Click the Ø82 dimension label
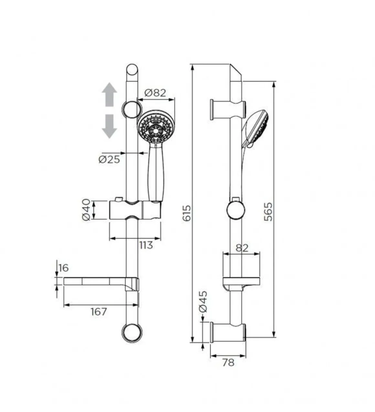tap(155, 93)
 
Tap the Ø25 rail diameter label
tap(109, 159)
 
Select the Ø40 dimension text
tap(86, 210)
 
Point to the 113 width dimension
tap(146, 245)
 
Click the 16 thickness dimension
tap(63, 268)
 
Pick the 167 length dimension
tap(99, 311)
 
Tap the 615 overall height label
tap(187, 213)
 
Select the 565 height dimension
tap(268, 212)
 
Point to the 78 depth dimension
tap(228, 363)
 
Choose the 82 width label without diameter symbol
tap(242, 248)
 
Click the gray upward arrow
tap(110, 94)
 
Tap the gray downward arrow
tap(110, 126)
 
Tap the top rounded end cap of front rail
tap(132, 70)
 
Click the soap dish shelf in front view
tap(101, 282)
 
